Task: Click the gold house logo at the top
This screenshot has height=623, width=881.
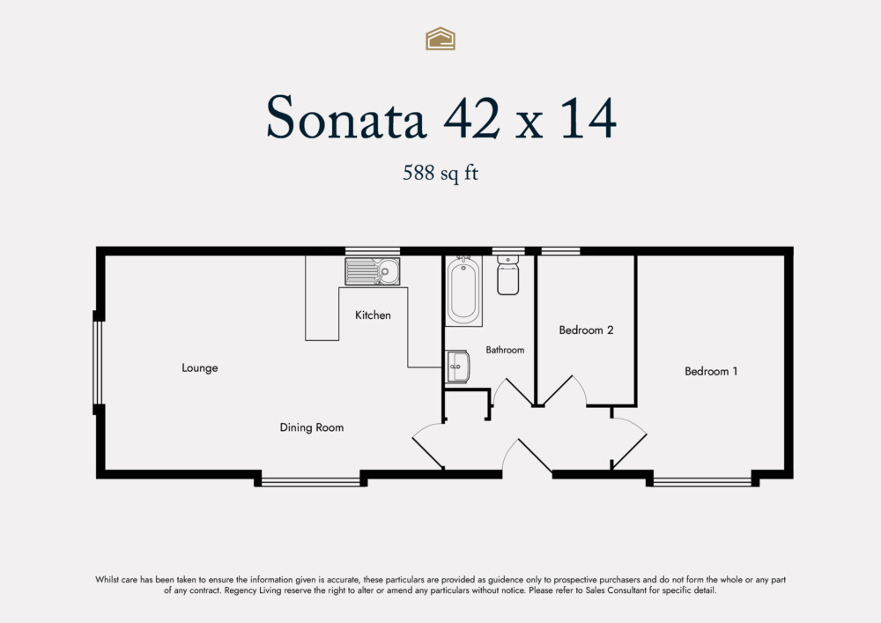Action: tap(440, 38)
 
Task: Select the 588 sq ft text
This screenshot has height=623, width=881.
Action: tap(440, 174)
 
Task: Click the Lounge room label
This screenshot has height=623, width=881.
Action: tap(200, 368)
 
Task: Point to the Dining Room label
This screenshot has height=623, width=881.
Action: tap(312, 427)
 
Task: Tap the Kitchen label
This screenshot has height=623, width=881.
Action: tap(373, 315)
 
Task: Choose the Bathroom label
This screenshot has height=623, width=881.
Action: tap(505, 350)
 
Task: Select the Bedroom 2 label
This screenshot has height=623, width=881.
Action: tap(586, 330)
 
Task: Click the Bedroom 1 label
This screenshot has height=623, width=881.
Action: tap(711, 372)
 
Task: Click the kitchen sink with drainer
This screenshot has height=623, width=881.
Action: tap(372, 271)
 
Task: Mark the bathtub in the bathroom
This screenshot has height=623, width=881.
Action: tap(463, 291)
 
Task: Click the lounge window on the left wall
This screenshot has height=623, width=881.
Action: tap(99, 362)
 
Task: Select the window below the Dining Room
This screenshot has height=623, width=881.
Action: tap(311, 481)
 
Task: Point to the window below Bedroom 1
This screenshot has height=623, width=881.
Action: tap(702, 481)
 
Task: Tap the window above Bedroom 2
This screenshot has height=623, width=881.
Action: tap(560, 251)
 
